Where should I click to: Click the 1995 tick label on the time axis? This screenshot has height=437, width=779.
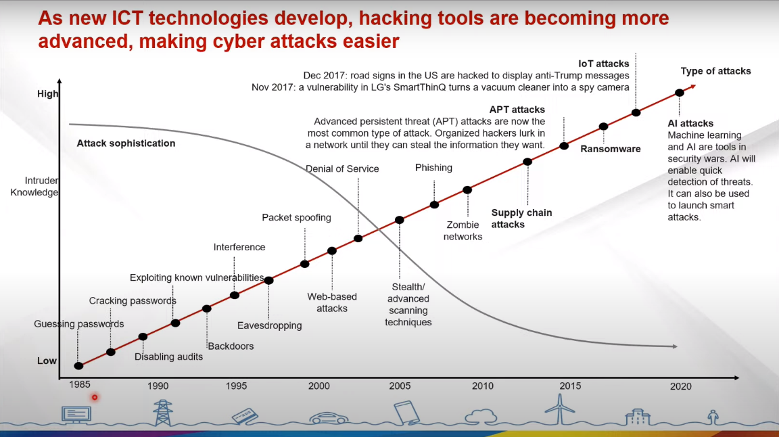(236, 386)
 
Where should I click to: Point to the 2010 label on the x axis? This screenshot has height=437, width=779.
(482, 386)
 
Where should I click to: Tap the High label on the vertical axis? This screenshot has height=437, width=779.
(48, 94)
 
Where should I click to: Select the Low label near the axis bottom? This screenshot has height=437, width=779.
(47, 361)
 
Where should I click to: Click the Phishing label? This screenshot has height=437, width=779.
(433, 168)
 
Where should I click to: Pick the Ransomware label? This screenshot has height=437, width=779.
(611, 149)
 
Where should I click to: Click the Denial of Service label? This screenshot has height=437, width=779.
(342, 169)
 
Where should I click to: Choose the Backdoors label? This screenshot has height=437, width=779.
(231, 346)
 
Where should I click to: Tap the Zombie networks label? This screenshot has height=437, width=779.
(463, 231)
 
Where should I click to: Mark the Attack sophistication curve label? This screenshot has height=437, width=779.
(126, 143)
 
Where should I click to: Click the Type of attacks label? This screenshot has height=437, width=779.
(716, 72)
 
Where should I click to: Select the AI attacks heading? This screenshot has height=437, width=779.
(690, 124)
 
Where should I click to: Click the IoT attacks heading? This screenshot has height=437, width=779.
(604, 64)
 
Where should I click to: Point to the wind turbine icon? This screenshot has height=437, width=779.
(560, 409)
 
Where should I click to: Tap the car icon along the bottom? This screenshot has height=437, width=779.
(329, 418)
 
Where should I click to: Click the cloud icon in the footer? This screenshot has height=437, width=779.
(481, 416)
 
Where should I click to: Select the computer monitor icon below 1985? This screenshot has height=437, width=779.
(76, 415)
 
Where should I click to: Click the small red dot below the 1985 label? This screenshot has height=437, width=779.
(95, 397)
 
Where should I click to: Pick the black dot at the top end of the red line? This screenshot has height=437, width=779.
(679, 93)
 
